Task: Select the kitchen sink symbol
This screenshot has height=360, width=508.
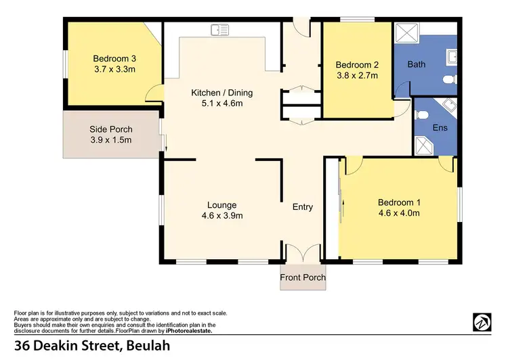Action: [220, 29]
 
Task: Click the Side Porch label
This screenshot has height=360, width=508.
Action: [111, 129]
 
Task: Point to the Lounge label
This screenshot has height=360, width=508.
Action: [221, 205]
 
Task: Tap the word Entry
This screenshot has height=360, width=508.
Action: [302, 207]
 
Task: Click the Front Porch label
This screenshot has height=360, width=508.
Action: [303, 277]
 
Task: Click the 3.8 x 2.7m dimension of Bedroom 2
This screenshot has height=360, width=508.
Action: [356, 76]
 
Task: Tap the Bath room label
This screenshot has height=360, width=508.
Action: [416, 65]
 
